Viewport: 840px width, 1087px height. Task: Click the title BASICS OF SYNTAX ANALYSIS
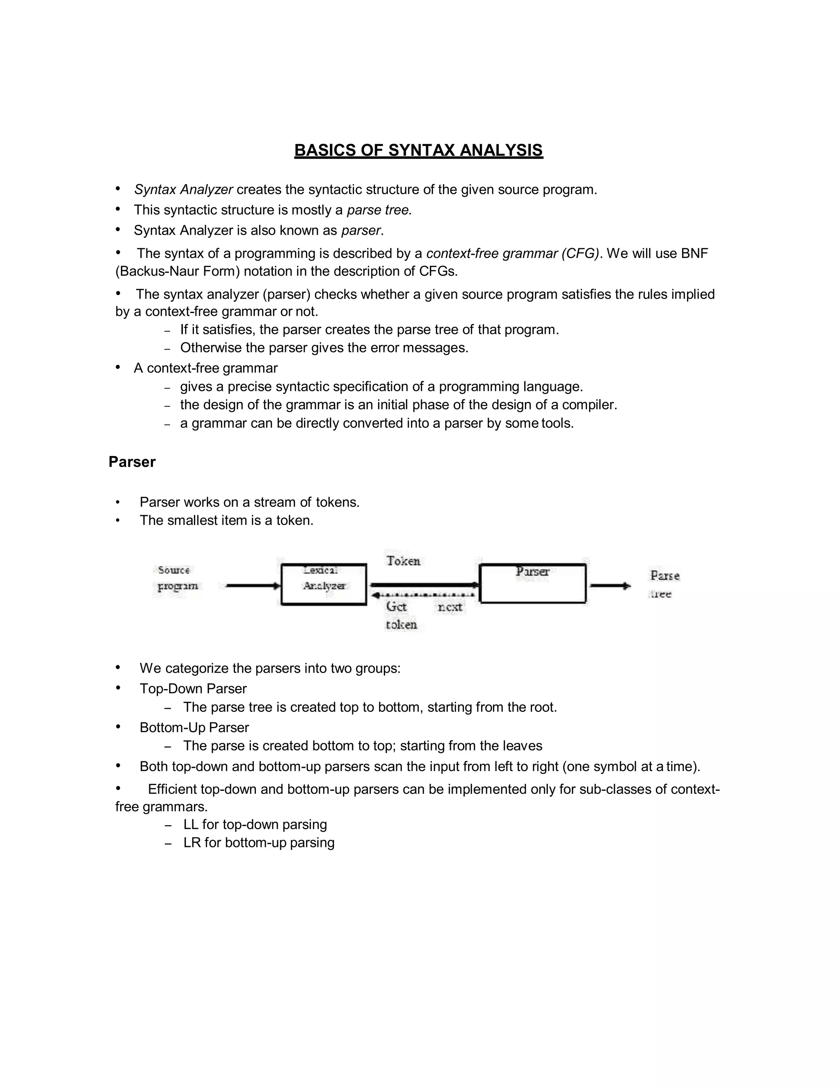[x=418, y=150]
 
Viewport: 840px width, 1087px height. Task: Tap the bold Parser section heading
[x=132, y=462]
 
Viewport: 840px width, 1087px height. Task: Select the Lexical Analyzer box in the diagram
[x=324, y=584]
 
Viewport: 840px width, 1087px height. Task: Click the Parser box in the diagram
[x=532, y=583]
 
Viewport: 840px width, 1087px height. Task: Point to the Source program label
[x=177, y=578]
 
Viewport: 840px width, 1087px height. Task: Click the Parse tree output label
[x=664, y=584]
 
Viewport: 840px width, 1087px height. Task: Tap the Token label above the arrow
[x=404, y=561]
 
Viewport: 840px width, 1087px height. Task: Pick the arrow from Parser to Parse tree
[x=610, y=586]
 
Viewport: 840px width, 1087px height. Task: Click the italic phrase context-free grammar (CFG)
[x=513, y=253]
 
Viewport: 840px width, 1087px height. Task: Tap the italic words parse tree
[x=378, y=210]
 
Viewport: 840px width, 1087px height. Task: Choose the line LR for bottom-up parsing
[x=259, y=843]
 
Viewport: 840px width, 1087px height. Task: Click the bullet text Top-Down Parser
[x=193, y=688]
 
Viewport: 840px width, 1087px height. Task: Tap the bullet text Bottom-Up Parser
[x=194, y=727]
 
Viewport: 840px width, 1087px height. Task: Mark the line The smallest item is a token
[x=226, y=520]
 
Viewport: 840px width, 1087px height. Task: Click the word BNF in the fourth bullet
[x=694, y=253]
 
